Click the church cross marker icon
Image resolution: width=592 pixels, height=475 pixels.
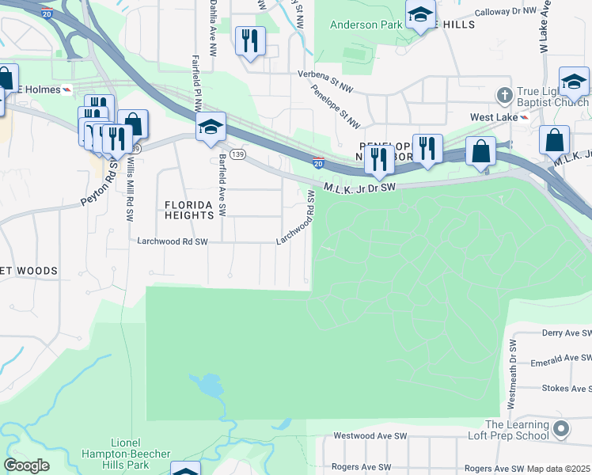(x=504, y=95)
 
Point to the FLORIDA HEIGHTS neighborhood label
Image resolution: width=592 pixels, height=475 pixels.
(x=189, y=210)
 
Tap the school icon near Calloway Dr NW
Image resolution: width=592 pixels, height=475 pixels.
(x=420, y=15)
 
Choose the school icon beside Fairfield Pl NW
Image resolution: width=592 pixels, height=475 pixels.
(x=211, y=127)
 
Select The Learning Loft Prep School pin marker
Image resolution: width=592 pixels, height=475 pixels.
(x=561, y=430)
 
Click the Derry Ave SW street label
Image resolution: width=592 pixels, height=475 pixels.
(x=566, y=333)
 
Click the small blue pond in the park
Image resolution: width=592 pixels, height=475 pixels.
(x=207, y=386)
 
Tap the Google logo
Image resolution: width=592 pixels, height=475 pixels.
(x=26, y=465)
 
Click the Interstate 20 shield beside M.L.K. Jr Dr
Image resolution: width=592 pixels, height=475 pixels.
(x=317, y=164)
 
